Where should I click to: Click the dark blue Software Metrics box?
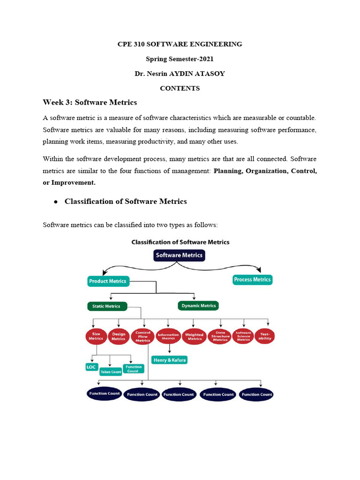pos(179,255)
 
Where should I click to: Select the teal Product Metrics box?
pos(107,281)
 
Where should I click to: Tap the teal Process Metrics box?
pos(252,280)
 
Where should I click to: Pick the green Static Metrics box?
pos(106,306)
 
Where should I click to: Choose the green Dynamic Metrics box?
pos(198,306)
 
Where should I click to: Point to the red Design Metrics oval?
pos(119,337)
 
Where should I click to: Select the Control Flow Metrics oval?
pos(142,337)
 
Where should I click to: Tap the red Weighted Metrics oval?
pos(194,337)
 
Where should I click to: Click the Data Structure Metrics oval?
pos(220,337)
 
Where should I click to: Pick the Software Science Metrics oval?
pos(243,337)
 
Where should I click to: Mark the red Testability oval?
pos(265,337)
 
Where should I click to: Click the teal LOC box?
pos(91,367)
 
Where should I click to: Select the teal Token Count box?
pos(111,372)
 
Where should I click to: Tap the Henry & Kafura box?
pos(169,360)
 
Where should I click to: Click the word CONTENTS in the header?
pos(180,88)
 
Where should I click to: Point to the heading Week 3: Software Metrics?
pos(90,102)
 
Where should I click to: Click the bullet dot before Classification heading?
pos(55,202)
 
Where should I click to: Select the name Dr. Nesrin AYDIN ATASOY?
pos(180,74)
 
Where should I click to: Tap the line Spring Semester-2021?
pos(180,59)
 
